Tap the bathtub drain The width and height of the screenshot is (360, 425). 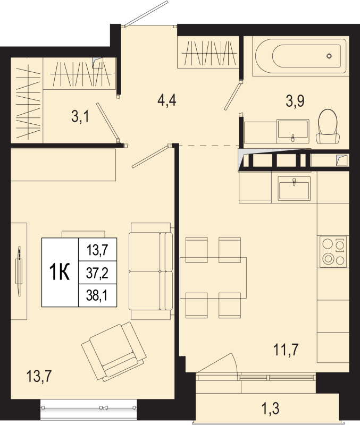[x=329, y=56]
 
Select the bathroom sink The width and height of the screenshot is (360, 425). [x=292, y=131]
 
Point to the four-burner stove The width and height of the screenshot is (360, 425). [x=333, y=252]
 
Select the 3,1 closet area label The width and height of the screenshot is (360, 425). [x=79, y=116]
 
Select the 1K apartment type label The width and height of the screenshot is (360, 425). [x=60, y=273]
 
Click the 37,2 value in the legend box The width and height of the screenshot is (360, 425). [x=96, y=273]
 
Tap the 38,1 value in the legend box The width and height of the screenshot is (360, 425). [x=96, y=295]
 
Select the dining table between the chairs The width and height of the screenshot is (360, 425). [x=213, y=277]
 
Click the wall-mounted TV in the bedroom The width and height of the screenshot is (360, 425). [x=20, y=270]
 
